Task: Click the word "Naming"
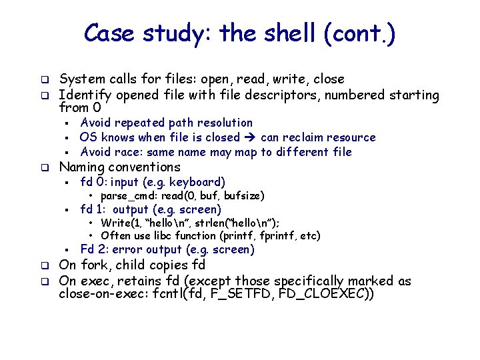tap(82, 167)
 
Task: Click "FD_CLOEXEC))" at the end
tap(334, 294)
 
